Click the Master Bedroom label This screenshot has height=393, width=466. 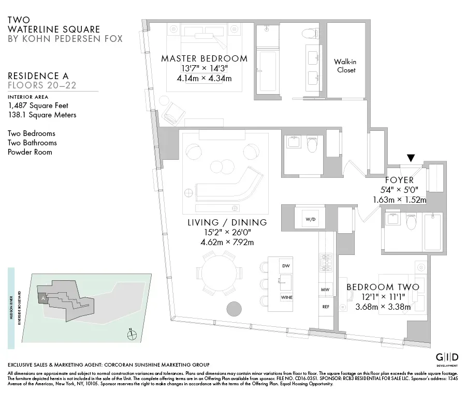204,58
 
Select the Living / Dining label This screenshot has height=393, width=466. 227,223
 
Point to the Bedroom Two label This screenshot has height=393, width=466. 382,287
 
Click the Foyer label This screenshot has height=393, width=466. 399,180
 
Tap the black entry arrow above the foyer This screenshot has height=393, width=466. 412,158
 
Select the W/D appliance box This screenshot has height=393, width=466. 310,219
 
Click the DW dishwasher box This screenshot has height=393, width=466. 285,266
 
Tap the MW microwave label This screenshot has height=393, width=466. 326,290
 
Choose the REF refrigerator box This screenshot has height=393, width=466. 326,307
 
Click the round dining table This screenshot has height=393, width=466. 217,273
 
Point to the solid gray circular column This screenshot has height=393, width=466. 234,309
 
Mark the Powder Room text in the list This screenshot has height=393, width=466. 30,152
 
